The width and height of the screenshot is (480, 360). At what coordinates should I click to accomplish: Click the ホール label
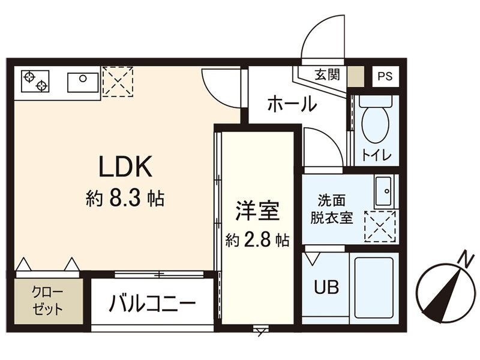[x=292, y=104]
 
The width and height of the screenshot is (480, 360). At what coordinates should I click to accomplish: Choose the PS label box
[x=385, y=76]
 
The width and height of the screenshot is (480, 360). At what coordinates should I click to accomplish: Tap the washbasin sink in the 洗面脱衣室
[x=383, y=191]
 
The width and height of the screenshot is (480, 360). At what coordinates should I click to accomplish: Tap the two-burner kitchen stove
[x=35, y=81]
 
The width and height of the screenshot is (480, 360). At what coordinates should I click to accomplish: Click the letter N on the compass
[x=464, y=259]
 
